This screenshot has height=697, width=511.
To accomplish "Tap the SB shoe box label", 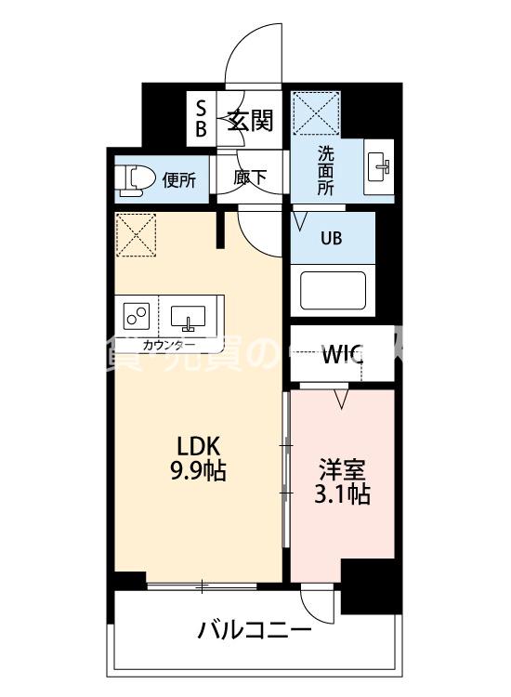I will [201, 118].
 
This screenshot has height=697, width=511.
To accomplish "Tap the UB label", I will [332, 237].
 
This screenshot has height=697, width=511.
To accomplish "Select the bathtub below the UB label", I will [333, 290].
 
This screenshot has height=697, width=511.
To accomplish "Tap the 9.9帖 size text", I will [195, 470].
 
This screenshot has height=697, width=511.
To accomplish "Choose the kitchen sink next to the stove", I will [190, 316].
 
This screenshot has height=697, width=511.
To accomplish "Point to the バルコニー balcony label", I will [254, 632].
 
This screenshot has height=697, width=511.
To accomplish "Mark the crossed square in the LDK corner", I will [136, 235].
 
